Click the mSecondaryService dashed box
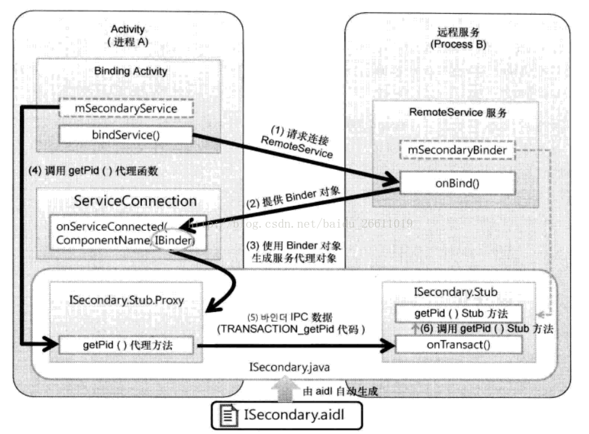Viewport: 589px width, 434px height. (x=126, y=108)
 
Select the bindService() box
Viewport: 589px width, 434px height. (x=126, y=135)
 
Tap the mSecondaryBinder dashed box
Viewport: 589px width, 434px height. (x=457, y=150)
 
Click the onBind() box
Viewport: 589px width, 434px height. (x=457, y=183)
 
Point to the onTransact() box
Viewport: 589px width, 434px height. (x=458, y=345)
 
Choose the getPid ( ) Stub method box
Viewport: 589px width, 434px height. (x=458, y=313)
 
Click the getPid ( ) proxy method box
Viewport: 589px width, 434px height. (x=127, y=345)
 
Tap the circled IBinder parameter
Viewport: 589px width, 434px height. (x=173, y=240)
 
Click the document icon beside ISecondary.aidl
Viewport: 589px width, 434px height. (x=229, y=415)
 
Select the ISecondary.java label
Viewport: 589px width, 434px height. (x=289, y=367)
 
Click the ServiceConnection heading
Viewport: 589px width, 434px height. (x=135, y=201)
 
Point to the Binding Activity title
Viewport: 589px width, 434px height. (x=131, y=71)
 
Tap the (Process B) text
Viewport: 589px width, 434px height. (x=458, y=44)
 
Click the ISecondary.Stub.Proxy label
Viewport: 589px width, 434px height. (x=127, y=300)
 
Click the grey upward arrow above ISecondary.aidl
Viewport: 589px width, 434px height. (x=286, y=389)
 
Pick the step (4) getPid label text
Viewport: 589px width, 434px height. (x=93, y=171)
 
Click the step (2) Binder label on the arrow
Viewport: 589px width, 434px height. (x=293, y=197)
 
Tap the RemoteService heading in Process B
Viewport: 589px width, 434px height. (x=458, y=113)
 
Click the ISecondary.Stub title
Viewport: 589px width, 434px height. (x=456, y=292)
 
